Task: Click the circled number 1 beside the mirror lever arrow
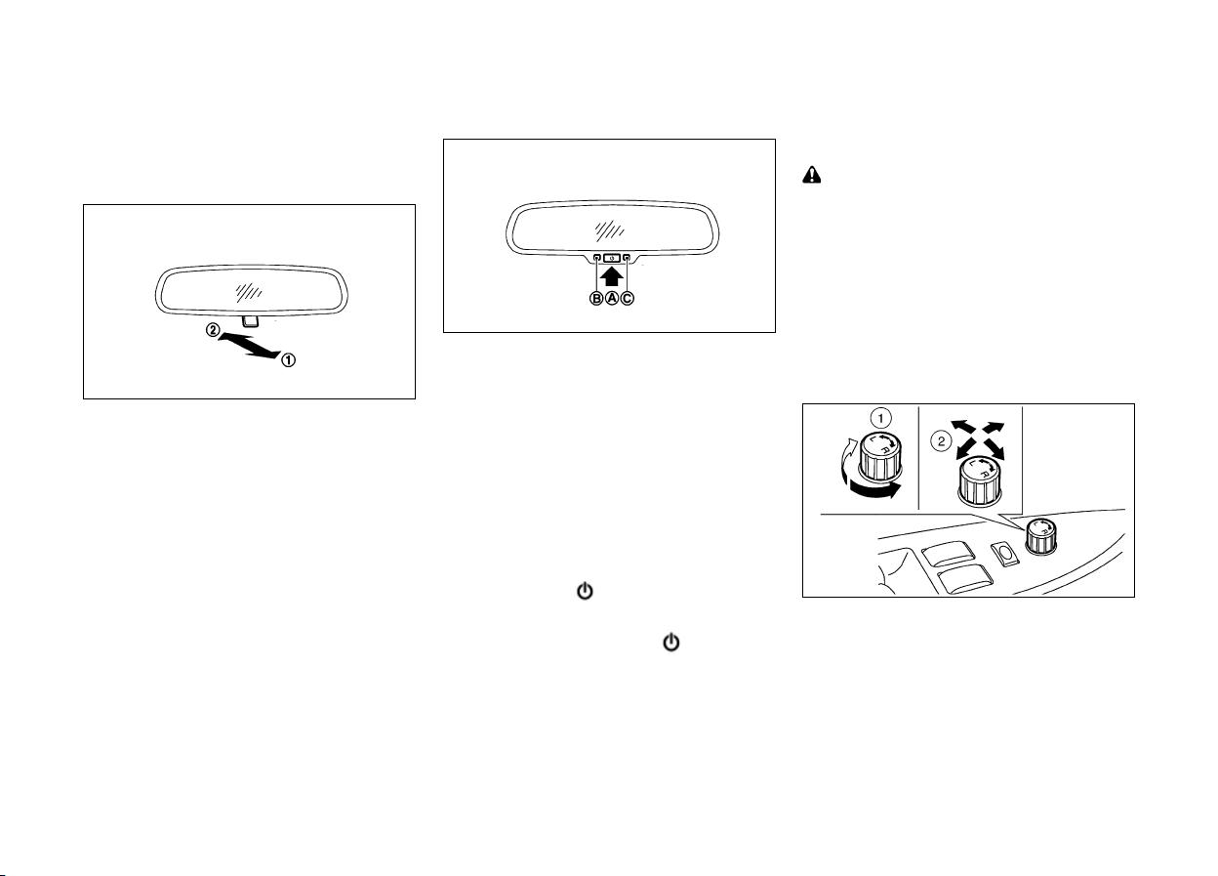pos(288,360)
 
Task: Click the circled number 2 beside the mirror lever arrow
pos(213,330)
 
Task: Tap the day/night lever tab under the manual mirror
pos(251,321)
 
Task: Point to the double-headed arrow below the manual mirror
pos(250,346)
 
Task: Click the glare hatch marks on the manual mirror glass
pos(249,292)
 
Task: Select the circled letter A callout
pos(612,298)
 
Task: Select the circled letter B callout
pos(596,298)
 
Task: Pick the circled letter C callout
pos(627,298)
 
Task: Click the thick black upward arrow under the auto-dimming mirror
pos(612,276)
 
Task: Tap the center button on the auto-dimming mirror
pos(612,258)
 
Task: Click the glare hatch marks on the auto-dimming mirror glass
pos(609,231)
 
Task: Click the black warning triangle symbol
pos(811,175)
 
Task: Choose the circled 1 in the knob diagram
pos(881,418)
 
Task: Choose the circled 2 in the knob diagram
pos(941,440)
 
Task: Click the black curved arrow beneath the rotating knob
pos(873,489)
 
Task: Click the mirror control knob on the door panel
pos(1040,536)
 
